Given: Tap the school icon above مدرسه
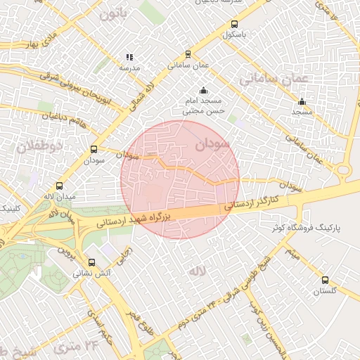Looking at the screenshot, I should coord(129,57).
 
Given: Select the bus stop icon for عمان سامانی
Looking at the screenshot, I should coord(187,54).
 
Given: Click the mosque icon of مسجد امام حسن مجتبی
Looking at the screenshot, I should coord(203,90).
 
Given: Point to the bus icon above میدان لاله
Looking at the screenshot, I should coord(59,186).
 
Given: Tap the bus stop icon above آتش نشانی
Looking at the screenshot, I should coord(91,262).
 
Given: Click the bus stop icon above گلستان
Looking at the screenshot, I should coord(324,280).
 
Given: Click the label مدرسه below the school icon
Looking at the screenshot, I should coord(129,67).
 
